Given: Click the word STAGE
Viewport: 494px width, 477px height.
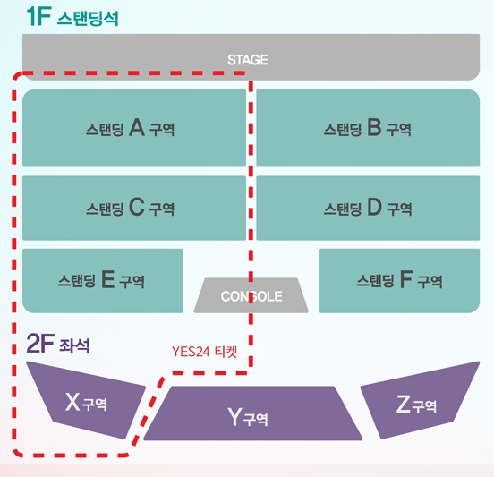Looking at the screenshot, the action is pyautogui.click(x=248, y=60).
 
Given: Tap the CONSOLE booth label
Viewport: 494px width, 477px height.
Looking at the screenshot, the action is pyautogui.click(x=251, y=296).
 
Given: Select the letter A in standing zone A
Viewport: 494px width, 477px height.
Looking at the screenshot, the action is pyautogui.click(x=137, y=127).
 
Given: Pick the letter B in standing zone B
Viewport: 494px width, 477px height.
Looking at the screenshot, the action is pyautogui.click(x=374, y=127).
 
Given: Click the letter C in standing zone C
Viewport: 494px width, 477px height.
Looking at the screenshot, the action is pyautogui.click(x=137, y=207).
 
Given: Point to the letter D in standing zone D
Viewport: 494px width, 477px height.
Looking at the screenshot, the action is pyautogui.click(x=375, y=207).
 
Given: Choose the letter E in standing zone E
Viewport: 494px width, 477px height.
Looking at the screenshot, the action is pyautogui.click(x=107, y=279).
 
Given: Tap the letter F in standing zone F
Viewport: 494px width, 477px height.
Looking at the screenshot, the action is pyautogui.click(x=406, y=279).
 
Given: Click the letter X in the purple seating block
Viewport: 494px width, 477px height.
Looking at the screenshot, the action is pyautogui.click(x=72, y=402).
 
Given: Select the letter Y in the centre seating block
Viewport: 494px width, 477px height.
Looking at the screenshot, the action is pyautogui.click(x=234, y=416).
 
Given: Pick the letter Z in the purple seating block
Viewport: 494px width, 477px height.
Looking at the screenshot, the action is pyautogui.click(x=404, y=404).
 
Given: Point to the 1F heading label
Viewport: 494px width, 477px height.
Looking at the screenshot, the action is pyautogui.click(x=39, y=16).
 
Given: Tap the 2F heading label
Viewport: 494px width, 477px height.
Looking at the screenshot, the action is pyautogui.click(x=40, y=343).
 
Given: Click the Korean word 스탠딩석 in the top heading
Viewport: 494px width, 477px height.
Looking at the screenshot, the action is pyautogui.click(x=88, y=18).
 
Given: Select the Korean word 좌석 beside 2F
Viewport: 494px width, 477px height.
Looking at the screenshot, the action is pyautogui.click(x=74, y=345).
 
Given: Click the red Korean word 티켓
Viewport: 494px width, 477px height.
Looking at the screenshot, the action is pyautogui.click(x=226, y=352).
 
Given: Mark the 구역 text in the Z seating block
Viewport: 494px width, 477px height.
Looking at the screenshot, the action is pyautogui.click(x=424, y=406).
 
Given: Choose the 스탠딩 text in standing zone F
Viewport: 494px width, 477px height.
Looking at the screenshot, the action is pyautogui.click(x=375, y=280).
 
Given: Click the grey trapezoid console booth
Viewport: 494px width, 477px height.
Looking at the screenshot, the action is pyautogui.click(x=251, y=295).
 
